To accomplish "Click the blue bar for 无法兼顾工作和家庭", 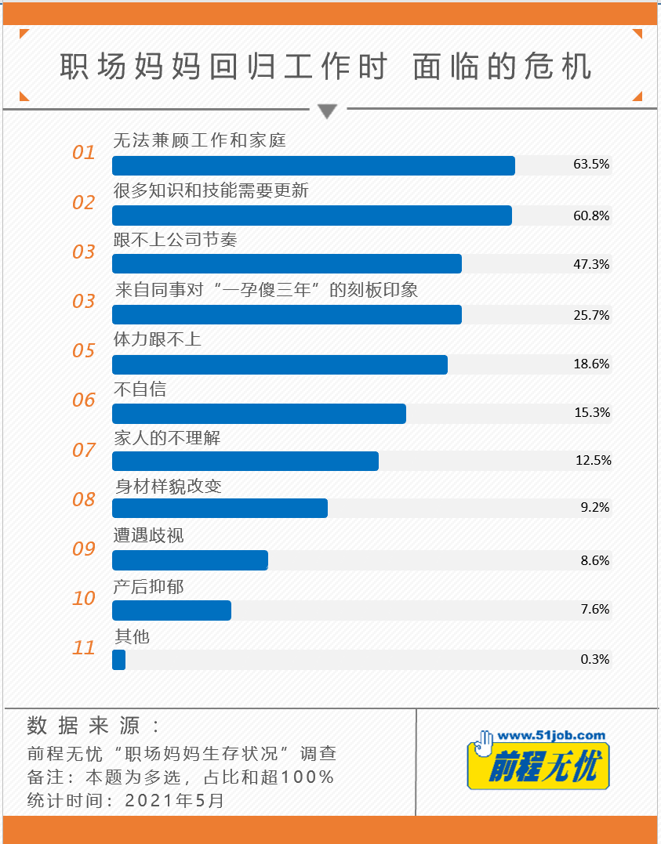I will pyautogui.click(x=314, y=165).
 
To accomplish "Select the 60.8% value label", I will pyautogui.click(x=591, y=216).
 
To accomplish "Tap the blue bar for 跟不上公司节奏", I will pyautogui.click(x=287, y=264).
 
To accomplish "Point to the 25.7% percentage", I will pyautogui.click(x=591, y=315).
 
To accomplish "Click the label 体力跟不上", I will pyautogui.click(x=158, y=339).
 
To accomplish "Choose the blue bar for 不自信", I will pyautogui.click(x=259, y=414).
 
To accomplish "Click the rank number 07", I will pyautogui.click(x=84, y=451).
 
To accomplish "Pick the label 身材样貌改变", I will pyautogui.click(x=169, y=486).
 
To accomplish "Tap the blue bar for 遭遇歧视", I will pyautogui.click(x=190, y=560).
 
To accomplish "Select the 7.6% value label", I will pyautogui.click(x=594, y=609).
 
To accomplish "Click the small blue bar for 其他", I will pyautogui.click(x=119, y=660).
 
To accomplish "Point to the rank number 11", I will pyautogui.click(x=84, y=648).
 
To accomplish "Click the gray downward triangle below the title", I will pyautogui.click(x=328, y=111).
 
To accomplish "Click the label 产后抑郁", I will pyautogui.click(x=150, y=586).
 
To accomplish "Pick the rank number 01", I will pyautogui.click(x=84, y=153).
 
